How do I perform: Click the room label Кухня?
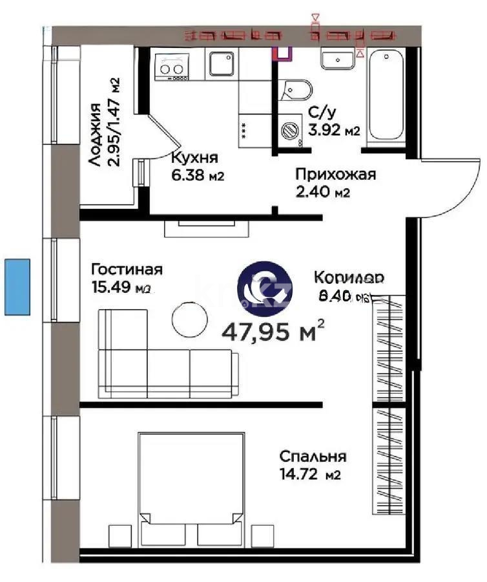(194, 158)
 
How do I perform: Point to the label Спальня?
(313, 457)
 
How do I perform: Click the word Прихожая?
(335, 174)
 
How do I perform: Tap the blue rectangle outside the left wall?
(17, 286)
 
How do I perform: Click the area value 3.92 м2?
(334, 131)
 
